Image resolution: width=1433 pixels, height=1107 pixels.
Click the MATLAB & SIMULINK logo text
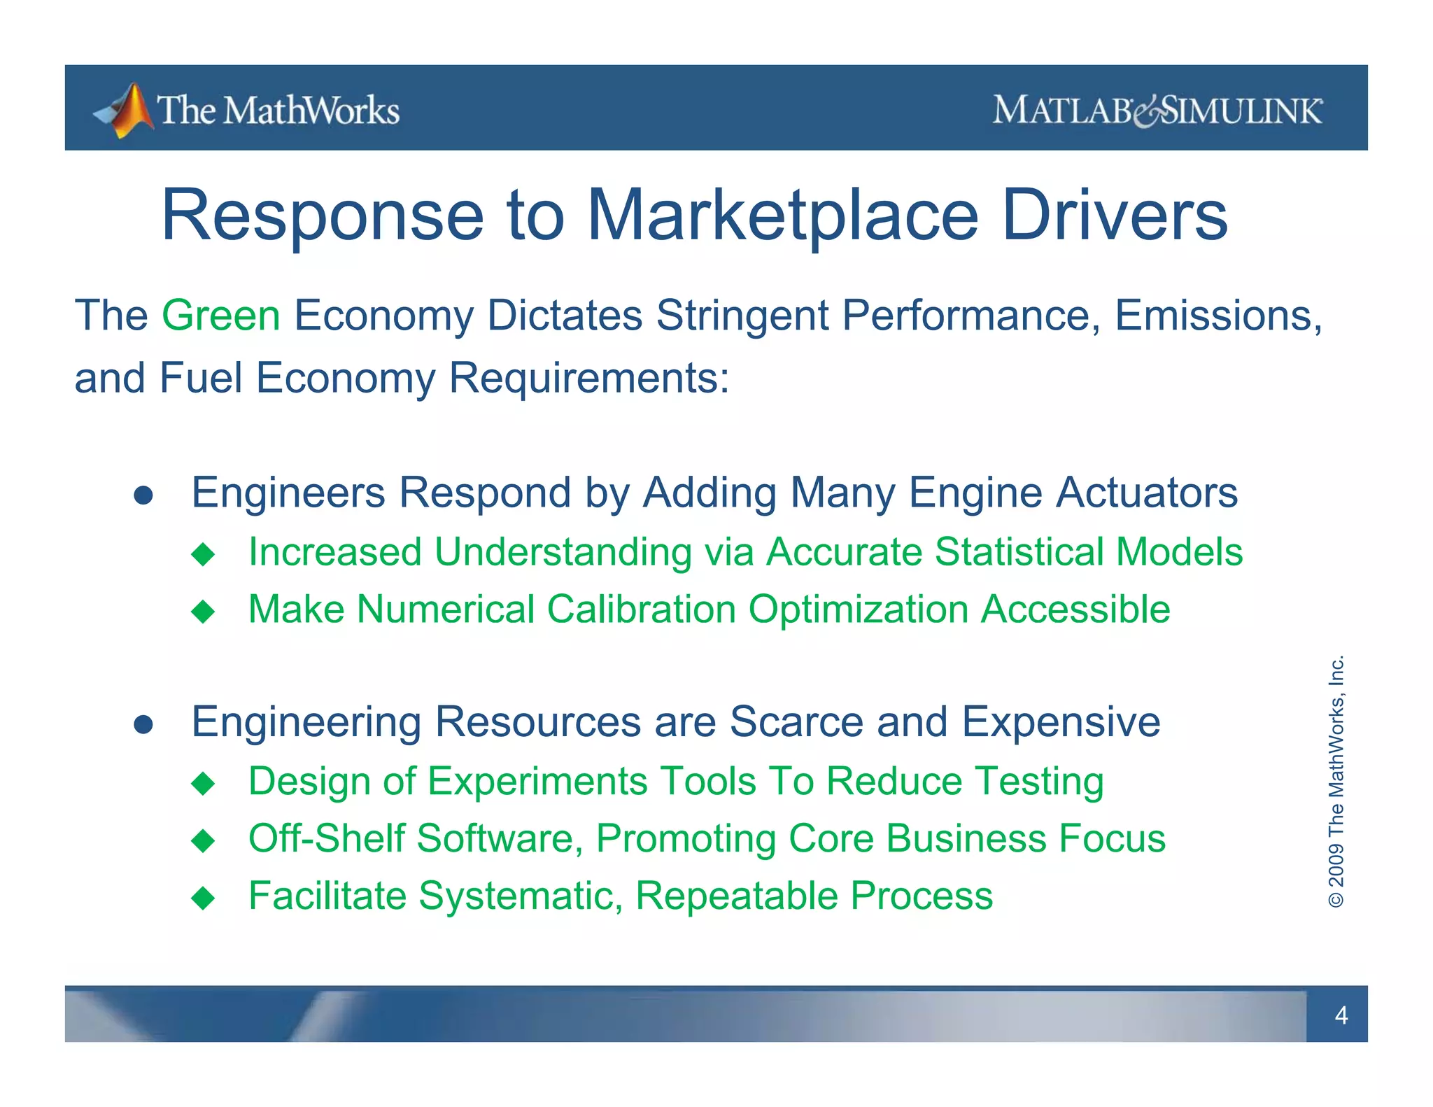(1157, 111)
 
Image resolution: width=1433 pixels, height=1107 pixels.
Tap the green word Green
(221, 316)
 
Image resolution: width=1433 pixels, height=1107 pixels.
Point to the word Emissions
(1217, 316)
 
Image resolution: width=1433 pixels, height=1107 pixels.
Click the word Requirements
(588, 379)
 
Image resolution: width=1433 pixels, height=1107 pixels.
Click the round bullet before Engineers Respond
(143, 495)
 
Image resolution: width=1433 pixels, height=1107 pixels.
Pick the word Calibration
(641, 609)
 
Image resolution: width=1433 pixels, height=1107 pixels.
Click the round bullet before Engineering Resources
(143, 725)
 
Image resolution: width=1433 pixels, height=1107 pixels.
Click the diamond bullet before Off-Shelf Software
(203, 840)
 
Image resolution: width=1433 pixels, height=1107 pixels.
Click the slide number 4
(1341, 1015)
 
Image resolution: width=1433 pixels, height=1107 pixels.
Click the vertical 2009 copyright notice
(1336, 781)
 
